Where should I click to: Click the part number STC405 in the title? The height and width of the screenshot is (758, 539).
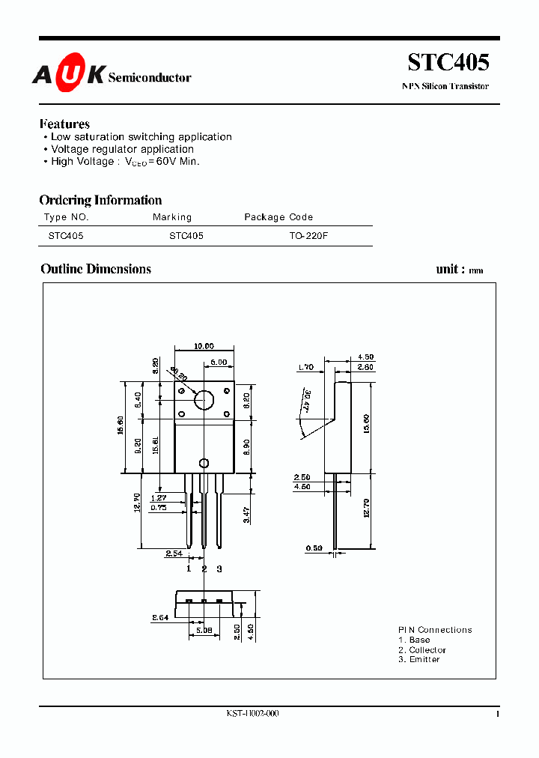click(448, 63)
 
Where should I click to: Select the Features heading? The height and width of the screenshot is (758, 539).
click(64, 124)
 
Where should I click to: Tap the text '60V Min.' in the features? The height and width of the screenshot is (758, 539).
click(177, 161)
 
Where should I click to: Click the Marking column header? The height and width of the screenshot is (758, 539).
click(172, 217)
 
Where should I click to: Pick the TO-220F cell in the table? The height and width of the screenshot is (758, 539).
click(308, 235)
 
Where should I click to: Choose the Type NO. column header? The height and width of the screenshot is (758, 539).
click(67, 217)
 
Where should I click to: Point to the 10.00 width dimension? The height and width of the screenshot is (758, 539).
click(204, 346)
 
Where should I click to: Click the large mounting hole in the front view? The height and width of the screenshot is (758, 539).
click(204, 399)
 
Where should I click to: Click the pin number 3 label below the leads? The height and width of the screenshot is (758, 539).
click(219, 569)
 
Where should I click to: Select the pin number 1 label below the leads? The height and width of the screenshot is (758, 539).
click(189, 569)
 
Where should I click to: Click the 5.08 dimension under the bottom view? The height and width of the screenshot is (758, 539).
click(204, 631)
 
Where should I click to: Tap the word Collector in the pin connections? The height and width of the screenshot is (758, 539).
click(427, 650)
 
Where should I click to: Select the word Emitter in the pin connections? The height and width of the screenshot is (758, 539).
click(424, 659)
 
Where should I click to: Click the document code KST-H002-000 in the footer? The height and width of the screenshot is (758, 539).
click(252, 714)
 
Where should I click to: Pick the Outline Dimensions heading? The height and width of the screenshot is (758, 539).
click(96, 269)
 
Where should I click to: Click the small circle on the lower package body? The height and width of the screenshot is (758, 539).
click(203, 464)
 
